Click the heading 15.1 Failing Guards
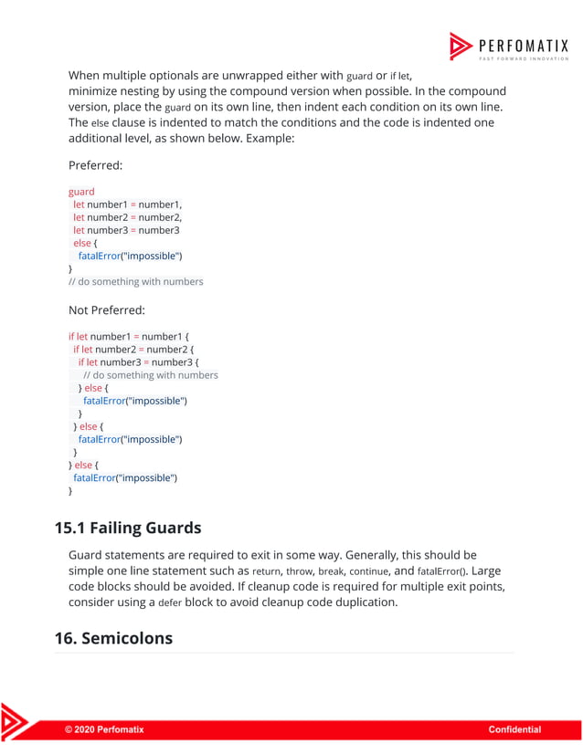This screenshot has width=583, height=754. click(128, 528)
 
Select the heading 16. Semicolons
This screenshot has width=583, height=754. click(113, 638)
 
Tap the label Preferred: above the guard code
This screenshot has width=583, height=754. click(96, 166)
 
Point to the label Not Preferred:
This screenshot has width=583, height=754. click(107, 309)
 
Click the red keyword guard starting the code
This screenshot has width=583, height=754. click(81, 192)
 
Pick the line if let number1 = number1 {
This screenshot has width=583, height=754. click(129, 336)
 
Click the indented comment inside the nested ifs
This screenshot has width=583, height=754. click(151, 374)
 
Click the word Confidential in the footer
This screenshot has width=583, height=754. click(514, 729)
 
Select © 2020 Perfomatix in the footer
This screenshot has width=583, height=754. click(103, 729)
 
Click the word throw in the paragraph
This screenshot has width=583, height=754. click(300, 571)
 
